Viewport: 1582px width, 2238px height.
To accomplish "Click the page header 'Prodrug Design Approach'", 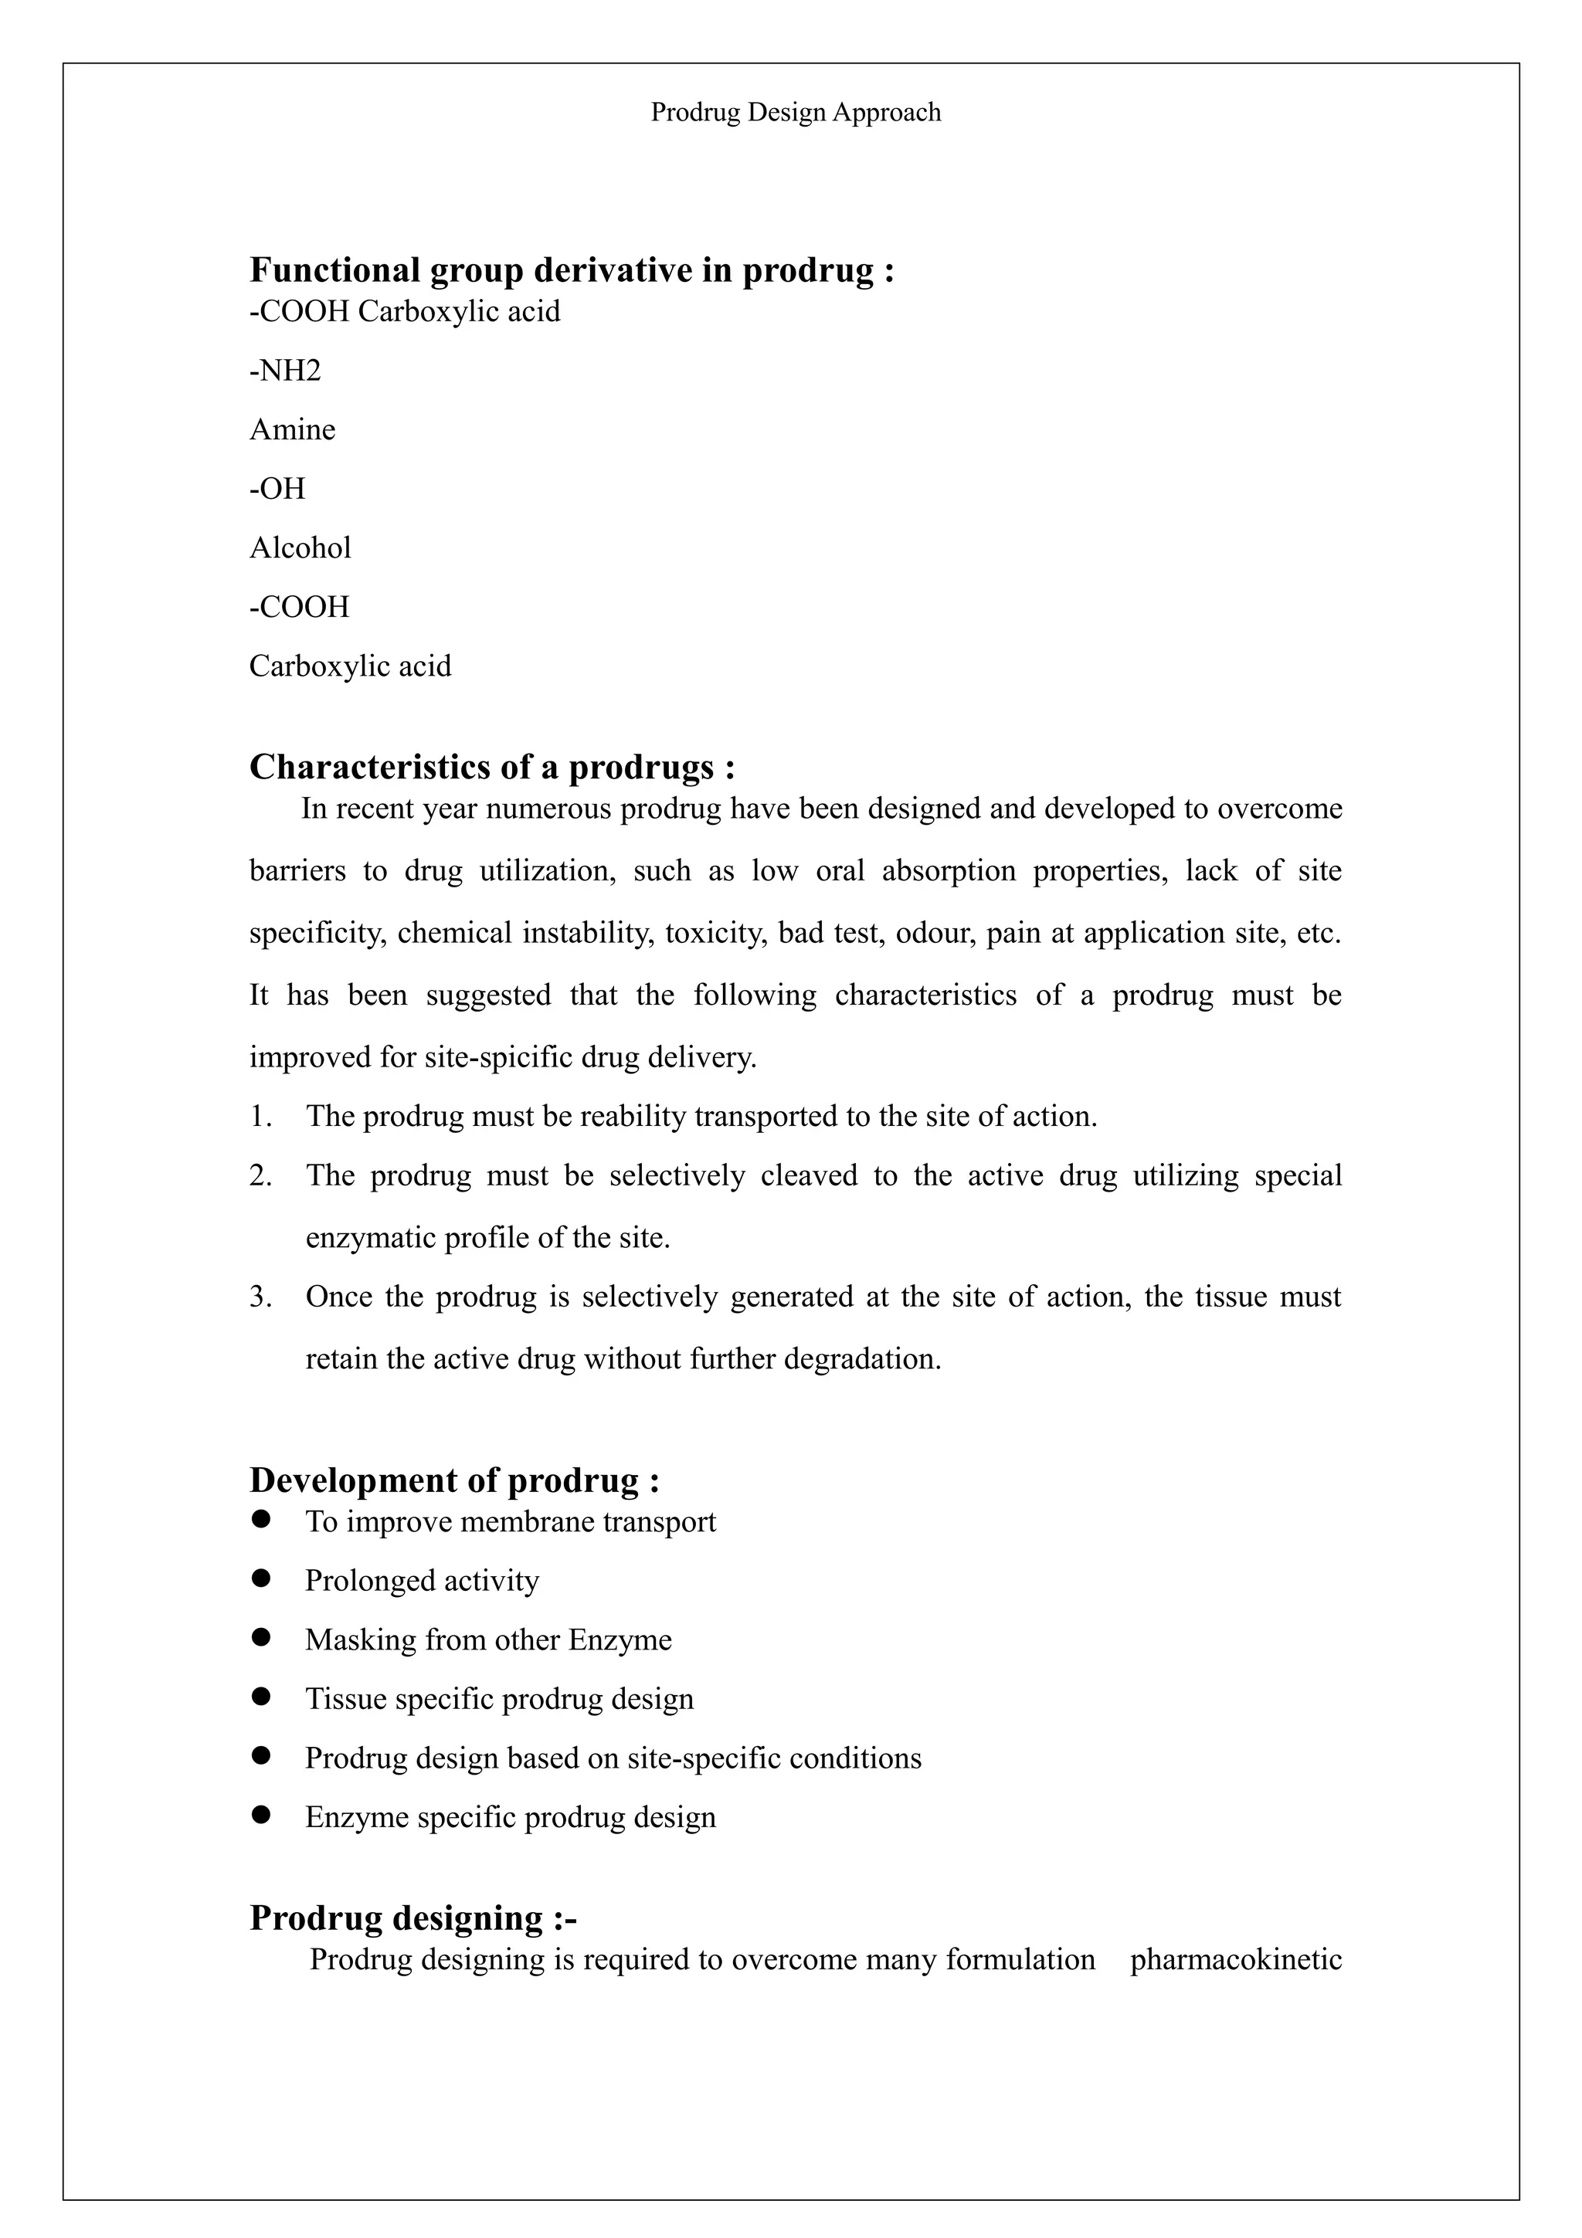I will click(796, 113).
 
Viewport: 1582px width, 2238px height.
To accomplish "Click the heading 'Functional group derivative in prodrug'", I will click(571, 270).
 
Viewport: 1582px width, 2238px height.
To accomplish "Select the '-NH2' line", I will click(284, 371).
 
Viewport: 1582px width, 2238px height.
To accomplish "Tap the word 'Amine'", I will click(293, 430).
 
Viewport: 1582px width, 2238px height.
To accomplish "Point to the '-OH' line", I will click(278, 488).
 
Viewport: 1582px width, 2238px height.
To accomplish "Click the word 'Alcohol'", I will click(300, 548).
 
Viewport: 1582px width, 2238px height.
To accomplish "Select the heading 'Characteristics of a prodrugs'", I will click(491, 767).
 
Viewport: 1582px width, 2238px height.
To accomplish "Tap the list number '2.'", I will click(260, 1175).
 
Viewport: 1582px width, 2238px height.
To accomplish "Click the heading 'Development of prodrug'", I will click(454, 1480).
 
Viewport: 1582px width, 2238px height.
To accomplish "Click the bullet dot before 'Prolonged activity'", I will click(260, 1579).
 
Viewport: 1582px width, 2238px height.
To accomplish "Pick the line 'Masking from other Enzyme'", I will click(488, 1640).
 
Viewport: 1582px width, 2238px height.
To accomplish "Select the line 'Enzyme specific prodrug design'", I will click(511, 1817).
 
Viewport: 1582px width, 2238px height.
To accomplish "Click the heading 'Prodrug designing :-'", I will click(413, 1918).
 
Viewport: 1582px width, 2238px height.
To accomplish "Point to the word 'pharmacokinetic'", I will click(1236, 1959).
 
